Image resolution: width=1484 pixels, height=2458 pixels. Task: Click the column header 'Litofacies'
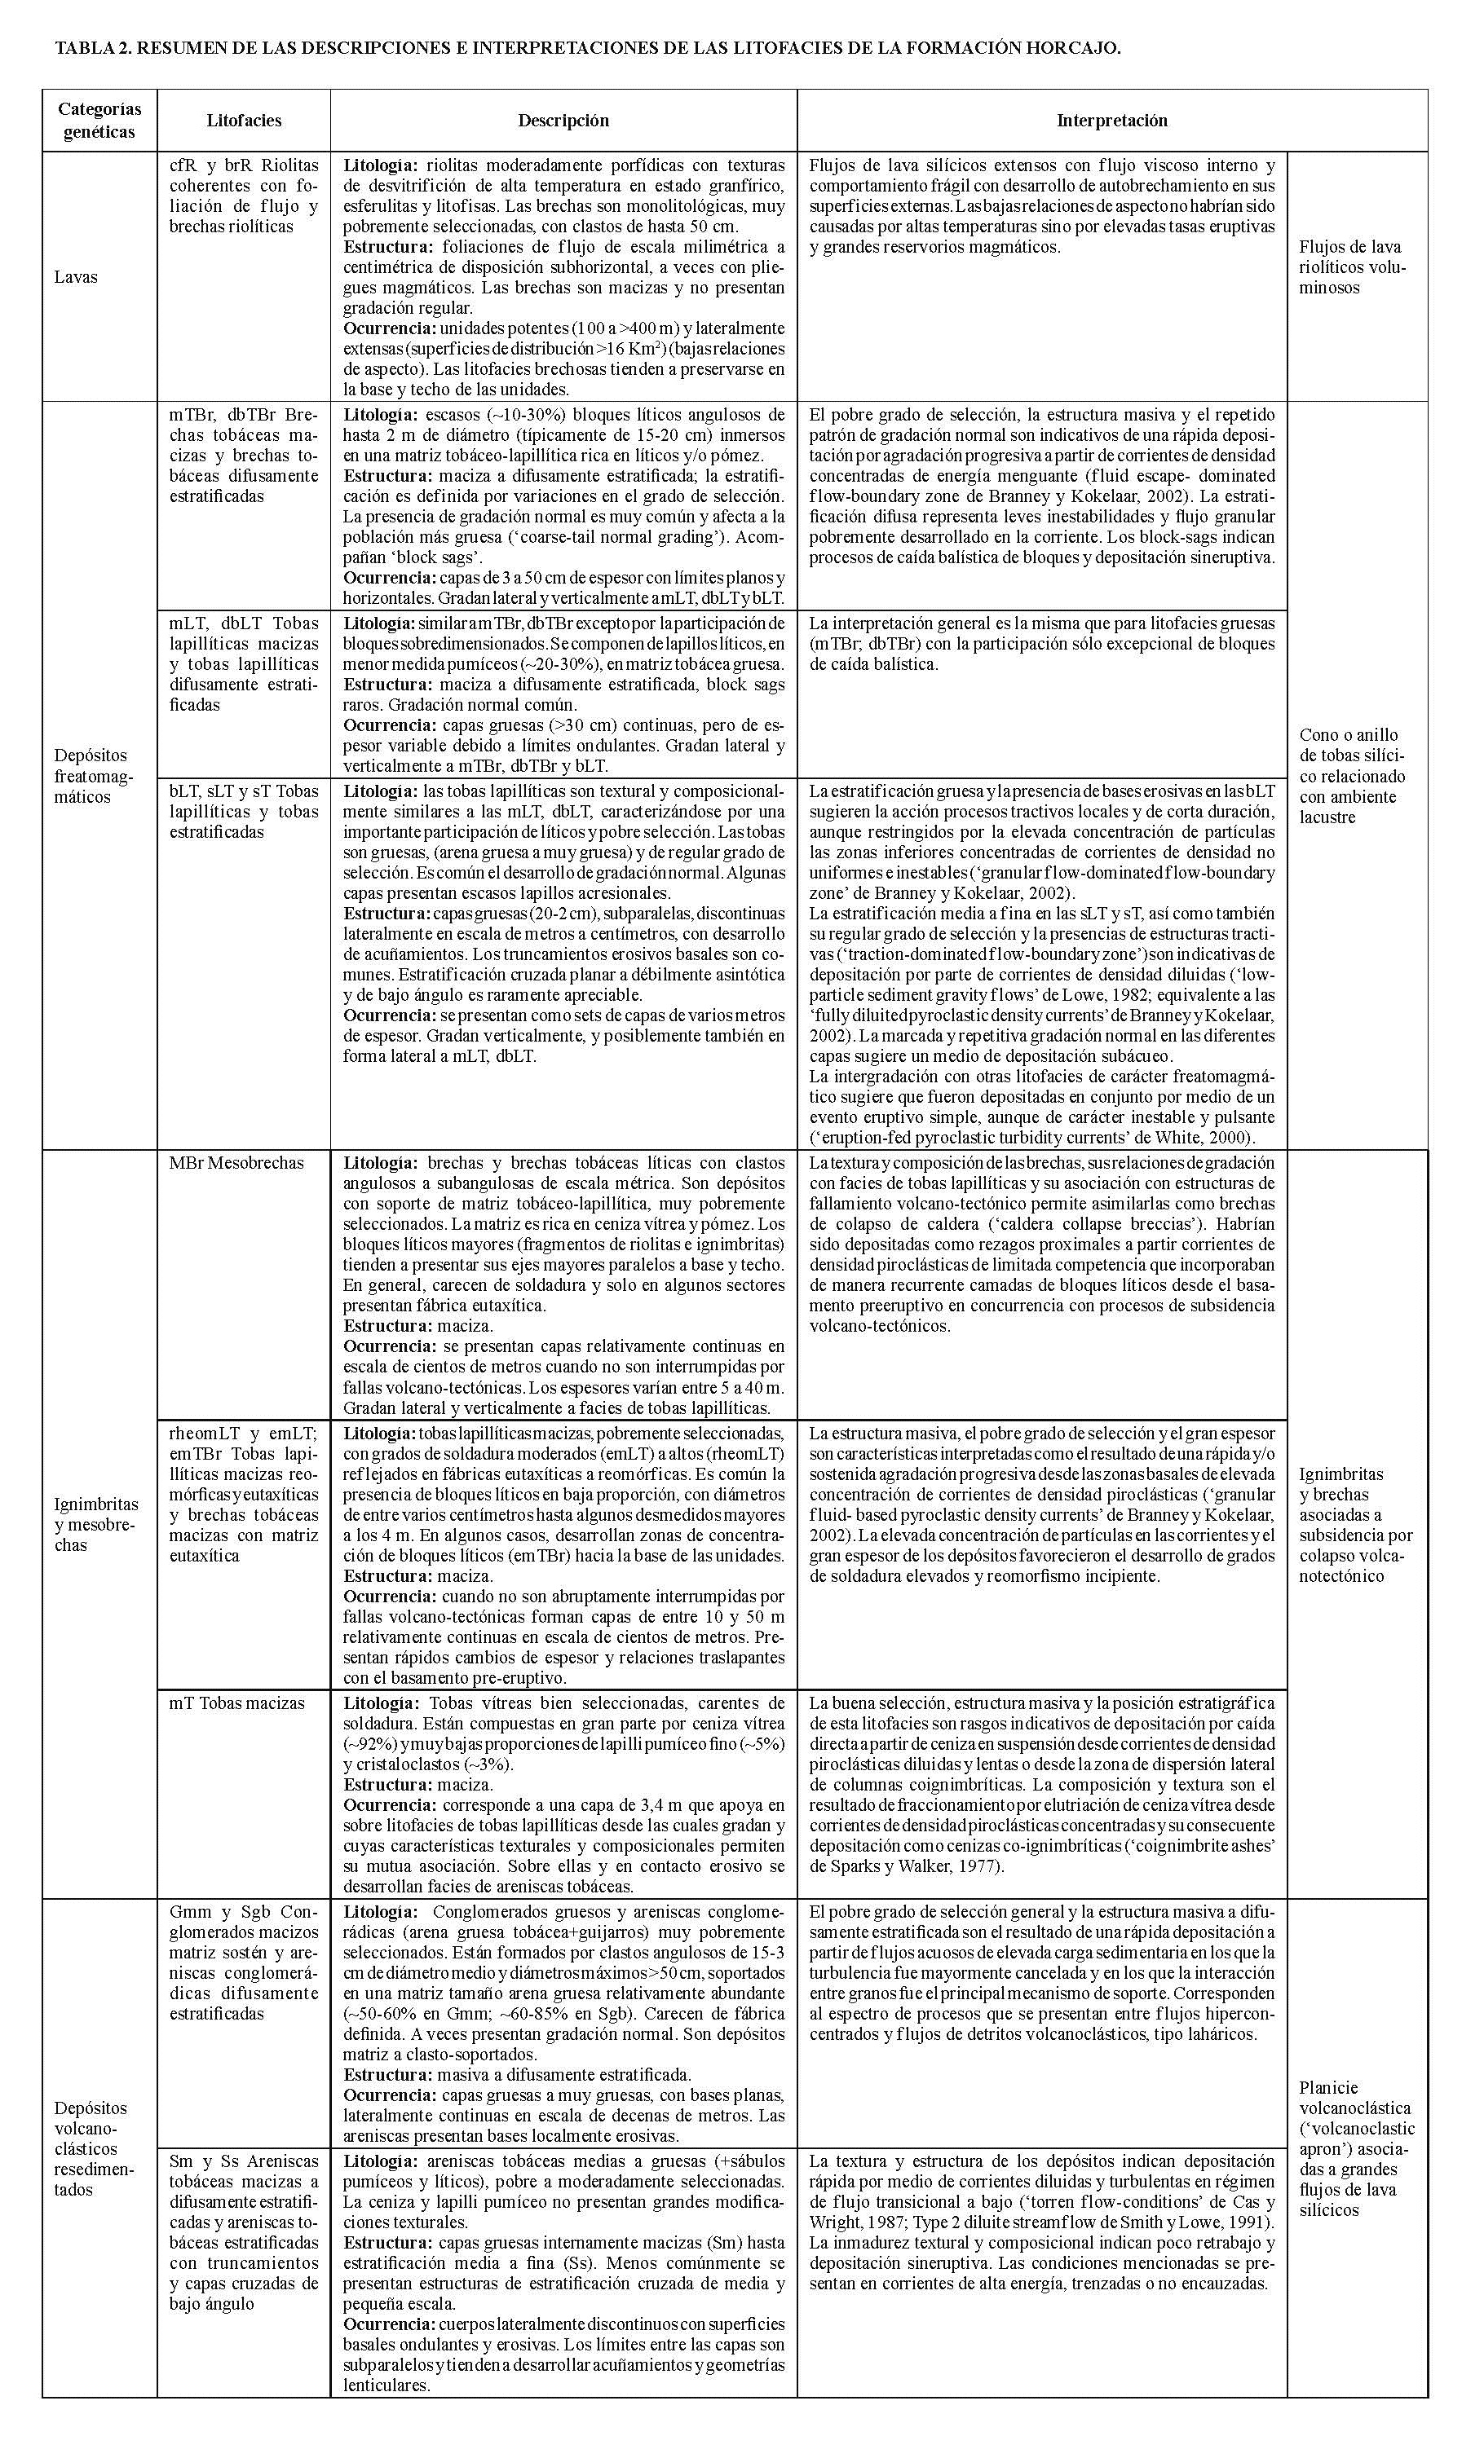tap(244, 121)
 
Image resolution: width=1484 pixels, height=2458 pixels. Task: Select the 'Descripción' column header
tap(563, 121)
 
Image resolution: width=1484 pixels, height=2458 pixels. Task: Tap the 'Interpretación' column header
tap(1111, 121)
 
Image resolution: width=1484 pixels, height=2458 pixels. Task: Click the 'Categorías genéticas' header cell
tap(99, 120)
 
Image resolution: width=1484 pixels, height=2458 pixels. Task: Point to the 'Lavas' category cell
tap(76, 276)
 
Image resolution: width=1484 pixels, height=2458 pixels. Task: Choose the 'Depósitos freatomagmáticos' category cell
tap(92, 775)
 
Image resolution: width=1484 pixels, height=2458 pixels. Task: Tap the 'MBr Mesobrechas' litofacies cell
tap(236, 1162)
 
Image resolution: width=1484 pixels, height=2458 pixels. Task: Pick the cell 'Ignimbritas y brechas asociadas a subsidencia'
tap(1355, 1523)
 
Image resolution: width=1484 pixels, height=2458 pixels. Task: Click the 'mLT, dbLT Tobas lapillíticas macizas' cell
tap(244, 663)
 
